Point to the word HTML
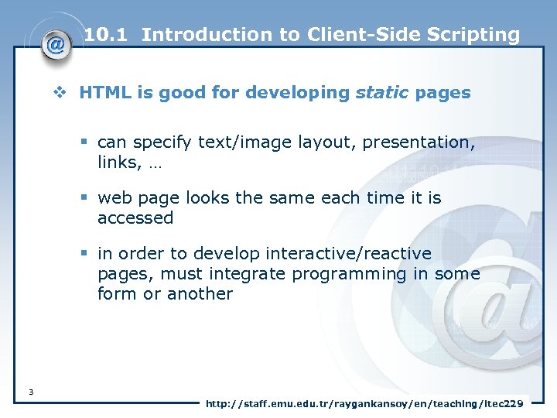click(x=105, y=93)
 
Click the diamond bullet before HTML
click(x=65, y=94)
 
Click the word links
click(x=115, y=163)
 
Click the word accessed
click(x=135, y=218)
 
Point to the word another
click(x=196, y=294)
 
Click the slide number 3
click(x=30, y=392)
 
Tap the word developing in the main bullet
click(x=298, y=93)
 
